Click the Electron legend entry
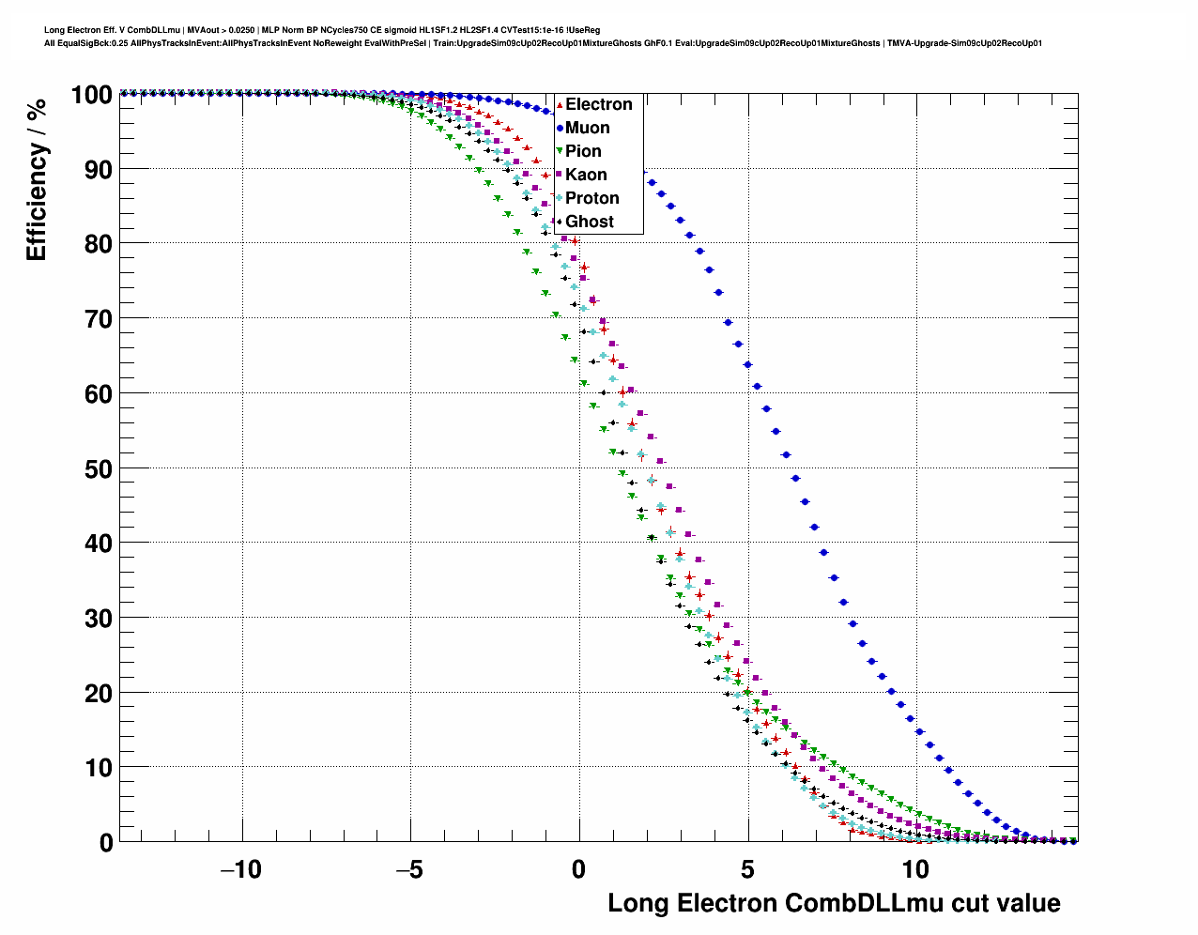click(598, 104)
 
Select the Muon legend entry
click(587, 128)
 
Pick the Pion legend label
click(583, 151)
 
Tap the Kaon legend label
click(586, 175)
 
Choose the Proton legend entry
click(591, 198)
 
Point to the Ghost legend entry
click(589, 222)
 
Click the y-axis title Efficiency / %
click(36, 178)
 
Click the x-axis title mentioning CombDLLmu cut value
click(834, 903)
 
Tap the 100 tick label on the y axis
click(91, 95)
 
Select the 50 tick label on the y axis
click(98, 468)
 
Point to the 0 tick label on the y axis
click(105, 843)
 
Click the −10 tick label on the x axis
click(240, 869)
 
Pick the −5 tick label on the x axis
click(409, 869)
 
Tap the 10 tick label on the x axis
click(915, 869)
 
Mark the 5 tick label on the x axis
click(747, 869)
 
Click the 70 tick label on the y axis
click(98, 319)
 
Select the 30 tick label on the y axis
click(98, 619)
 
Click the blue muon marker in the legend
click(560, 128)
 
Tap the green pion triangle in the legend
click(560, 151)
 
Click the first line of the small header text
click(322, 30)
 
